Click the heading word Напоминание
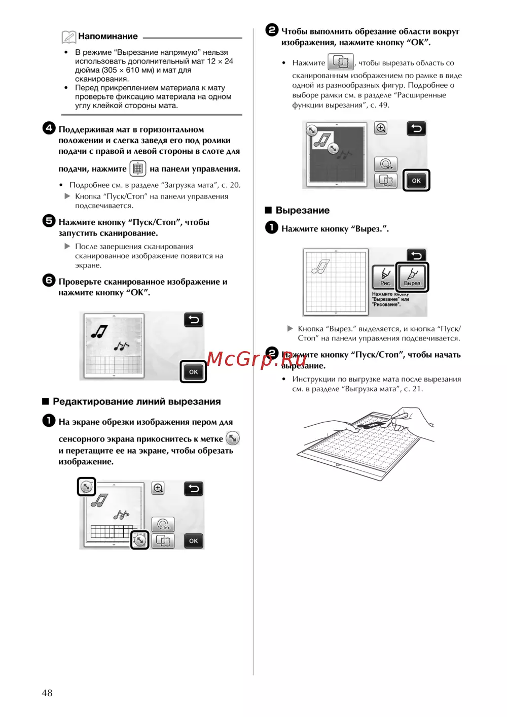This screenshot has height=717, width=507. pos(108,37)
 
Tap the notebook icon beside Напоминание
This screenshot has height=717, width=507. pos(68,37)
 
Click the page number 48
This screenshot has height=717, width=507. pos(47,693)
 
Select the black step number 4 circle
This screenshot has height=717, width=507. pos(49,128)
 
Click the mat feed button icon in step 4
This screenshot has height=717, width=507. pos(138,168)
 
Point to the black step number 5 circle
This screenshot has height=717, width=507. pos(49,221)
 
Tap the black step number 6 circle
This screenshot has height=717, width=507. pos(49,281)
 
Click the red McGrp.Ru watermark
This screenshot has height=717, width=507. pos(256,359)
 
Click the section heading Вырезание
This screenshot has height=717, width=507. pos(302,210)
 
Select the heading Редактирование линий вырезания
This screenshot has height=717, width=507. pos(136,402)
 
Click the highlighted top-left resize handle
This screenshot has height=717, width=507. pos(86,487)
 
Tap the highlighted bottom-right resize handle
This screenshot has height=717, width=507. pos(140,540)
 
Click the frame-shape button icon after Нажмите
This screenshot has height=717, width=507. pos(341,61)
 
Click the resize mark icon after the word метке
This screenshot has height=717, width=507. pos(233,438)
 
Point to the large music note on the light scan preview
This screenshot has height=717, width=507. pos(99,332)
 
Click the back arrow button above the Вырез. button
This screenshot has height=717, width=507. pos(416,255)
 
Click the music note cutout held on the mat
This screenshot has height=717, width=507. pos(371,425)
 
